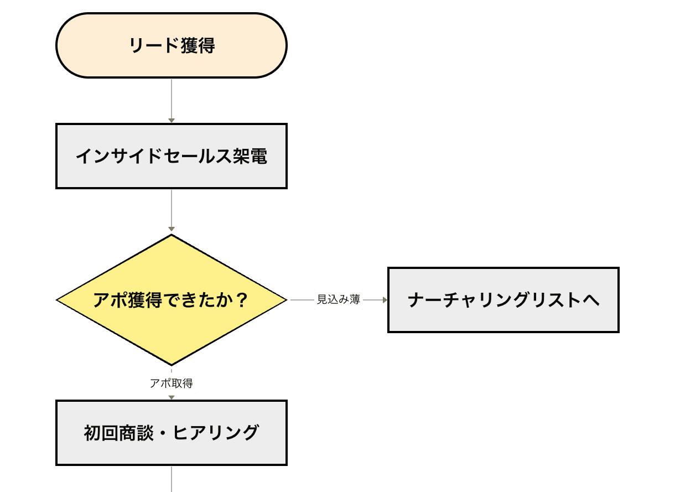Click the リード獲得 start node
pos(172,45)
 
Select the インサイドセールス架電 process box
pos(172,156)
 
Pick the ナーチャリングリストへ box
pos(503,300)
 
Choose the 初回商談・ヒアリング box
pos(172,433)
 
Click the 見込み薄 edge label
pos(339,300)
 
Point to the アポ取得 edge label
pos(172,384)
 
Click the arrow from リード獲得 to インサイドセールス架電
pos(172,100)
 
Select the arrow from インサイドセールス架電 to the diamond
pos(172,210)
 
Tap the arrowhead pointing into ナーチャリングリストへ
pos(384,300)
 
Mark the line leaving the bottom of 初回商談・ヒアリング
pos(172,479)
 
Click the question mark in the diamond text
pos(241,300)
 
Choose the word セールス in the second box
pos(188,156)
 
